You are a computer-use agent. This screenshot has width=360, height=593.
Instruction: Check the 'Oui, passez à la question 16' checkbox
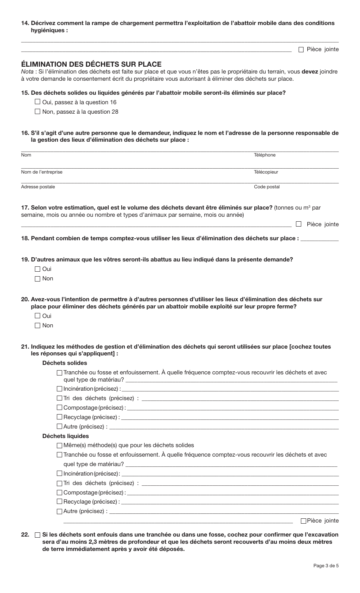(x=37, y=102)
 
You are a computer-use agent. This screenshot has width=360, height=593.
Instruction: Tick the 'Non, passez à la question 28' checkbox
(x=37, y=111)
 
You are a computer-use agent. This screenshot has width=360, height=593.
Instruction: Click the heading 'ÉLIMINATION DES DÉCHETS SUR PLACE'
(x=91, y=64)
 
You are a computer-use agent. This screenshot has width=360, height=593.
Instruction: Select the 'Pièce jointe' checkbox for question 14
(x=301, y=49)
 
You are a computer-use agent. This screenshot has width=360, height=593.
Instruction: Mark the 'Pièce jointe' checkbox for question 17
(x=299, y=224)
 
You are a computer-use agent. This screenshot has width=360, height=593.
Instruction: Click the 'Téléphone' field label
(x=265, y=155)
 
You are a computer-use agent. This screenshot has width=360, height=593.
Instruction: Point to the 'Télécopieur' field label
(x=266, y=172)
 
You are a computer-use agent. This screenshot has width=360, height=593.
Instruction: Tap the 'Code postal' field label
(x=266, y=187)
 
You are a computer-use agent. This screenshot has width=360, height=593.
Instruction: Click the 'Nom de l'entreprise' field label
(x=42, y=172)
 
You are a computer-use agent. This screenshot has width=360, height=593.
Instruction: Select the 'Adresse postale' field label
(x=38, y=187)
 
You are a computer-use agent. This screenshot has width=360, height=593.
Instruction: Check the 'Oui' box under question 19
(x=37, y=269)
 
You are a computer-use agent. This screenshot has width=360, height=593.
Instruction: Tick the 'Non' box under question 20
(x=37, y=325)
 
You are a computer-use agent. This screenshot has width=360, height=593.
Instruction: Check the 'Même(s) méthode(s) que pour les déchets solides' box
(x=59, y=446)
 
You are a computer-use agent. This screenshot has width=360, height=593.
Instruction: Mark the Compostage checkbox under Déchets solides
(x=59, y=408)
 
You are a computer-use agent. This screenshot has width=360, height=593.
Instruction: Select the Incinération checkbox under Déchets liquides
(x=59, y=473)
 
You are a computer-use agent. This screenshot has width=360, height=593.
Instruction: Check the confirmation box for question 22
(x=37, y=535)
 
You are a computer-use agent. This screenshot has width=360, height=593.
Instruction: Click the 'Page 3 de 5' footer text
(x=326, y=566)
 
